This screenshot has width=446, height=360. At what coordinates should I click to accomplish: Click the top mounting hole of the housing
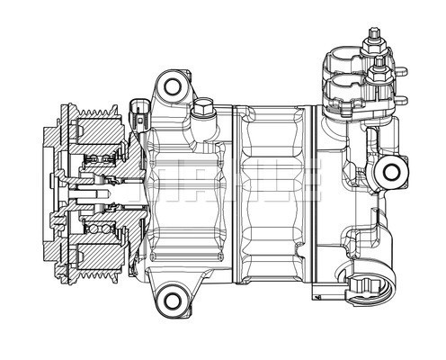[x=169, y=86]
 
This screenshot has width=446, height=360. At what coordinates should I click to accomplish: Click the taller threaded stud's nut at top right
[x=370, y=38]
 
